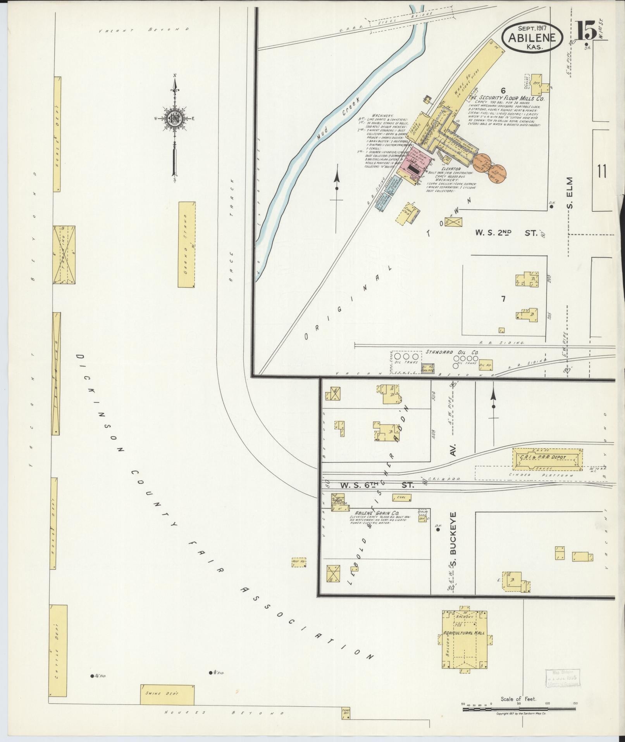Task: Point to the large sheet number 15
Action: [585, 31]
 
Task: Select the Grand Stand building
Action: [186, 245]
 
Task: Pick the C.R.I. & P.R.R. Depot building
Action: [548, 458]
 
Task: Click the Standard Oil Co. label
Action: [452, 352]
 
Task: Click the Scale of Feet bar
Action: [519, 709]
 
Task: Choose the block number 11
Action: [601, 171]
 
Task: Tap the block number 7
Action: [503, 299]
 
